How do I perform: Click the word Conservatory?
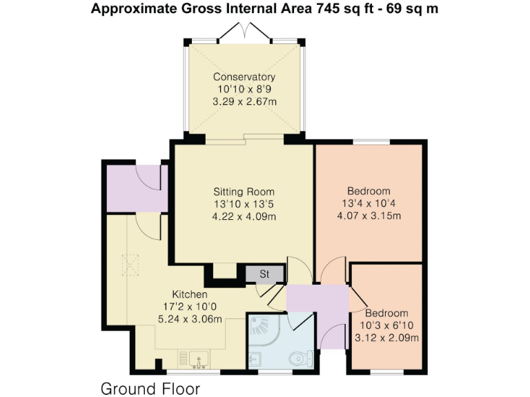click(244, 77)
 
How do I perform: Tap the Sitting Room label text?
click(244, 192)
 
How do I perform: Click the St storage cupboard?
click(264, 274)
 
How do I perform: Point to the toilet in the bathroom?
click(301, 358)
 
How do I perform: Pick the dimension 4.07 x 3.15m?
click(369, 215)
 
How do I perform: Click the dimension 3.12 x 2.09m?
click(386, 337)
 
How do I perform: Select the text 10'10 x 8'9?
click(244, 89)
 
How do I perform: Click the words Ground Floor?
click(150, 388)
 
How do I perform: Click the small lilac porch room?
click(135, 188)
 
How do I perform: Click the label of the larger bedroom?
click(369, 190)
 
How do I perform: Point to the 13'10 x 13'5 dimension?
click(244, 204)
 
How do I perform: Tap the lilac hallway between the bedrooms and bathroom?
click(317, 303)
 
